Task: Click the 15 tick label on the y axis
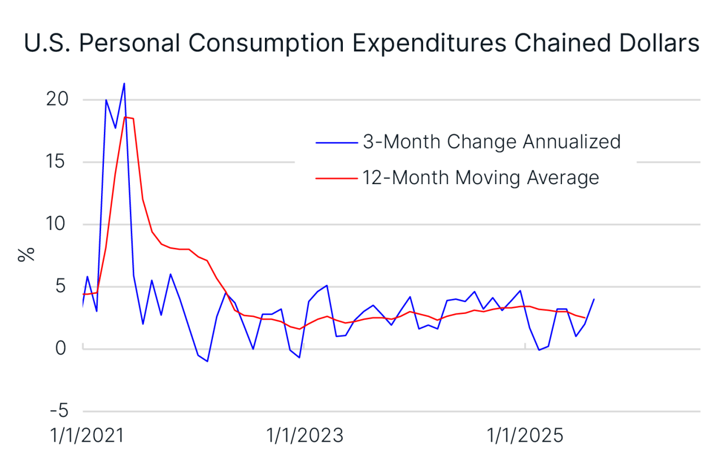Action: coord(56,162)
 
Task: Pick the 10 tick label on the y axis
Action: coord(56,224)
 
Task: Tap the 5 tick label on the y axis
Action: coord(62,286)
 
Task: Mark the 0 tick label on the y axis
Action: coord(62,348)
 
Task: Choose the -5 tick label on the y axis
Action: coord(56,411)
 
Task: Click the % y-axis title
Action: coord(26,254)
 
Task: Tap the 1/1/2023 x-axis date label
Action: coord(304,437)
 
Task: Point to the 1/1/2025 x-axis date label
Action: coord(525,437)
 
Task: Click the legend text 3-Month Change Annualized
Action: coord(491,141)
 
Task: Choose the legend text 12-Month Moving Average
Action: coord(480,177)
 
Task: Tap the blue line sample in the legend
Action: coord(337,142)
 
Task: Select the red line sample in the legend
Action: coord(337,178)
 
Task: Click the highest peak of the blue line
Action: coord(124,84)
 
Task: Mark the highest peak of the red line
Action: coord(125,117)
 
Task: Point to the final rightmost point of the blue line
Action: coord(594,299)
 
